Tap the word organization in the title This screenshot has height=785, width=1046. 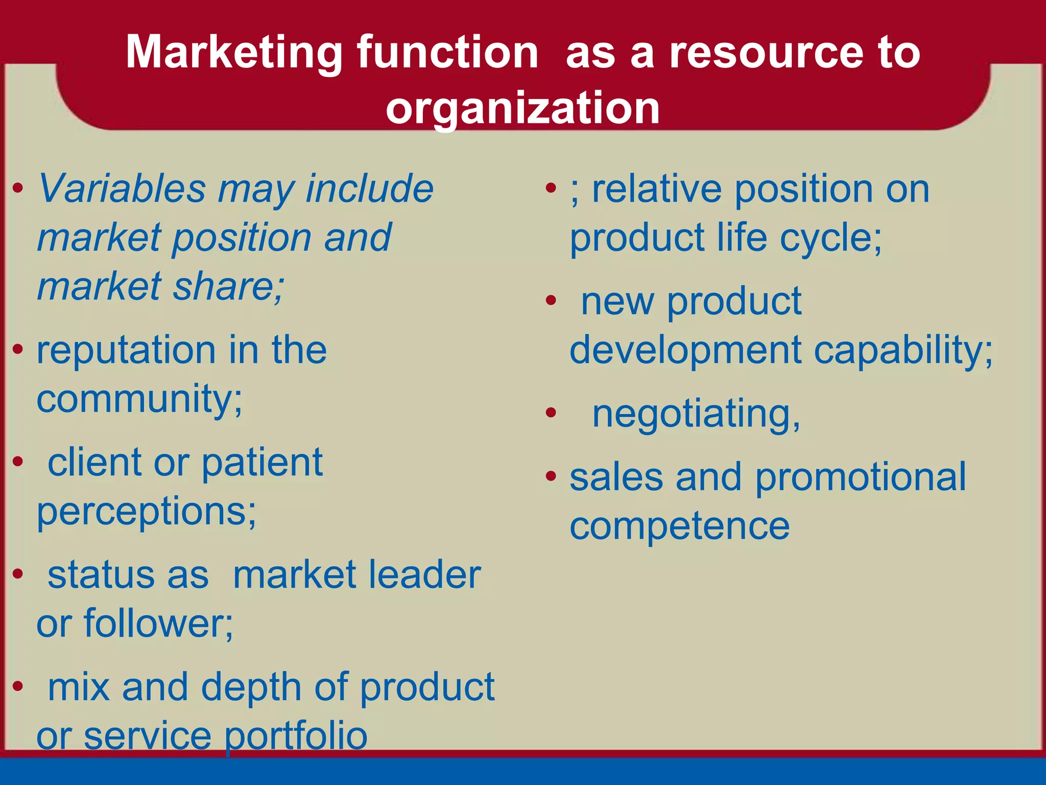[522, 108]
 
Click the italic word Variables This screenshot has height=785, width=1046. [122, 189]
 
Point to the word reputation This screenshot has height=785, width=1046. [127, 352]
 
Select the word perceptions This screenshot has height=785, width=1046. [146, 512]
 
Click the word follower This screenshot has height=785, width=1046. [158, 624]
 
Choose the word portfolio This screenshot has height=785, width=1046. [296, 736]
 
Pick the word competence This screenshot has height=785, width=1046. [679, 526]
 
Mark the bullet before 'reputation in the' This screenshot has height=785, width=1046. [18, 350]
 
